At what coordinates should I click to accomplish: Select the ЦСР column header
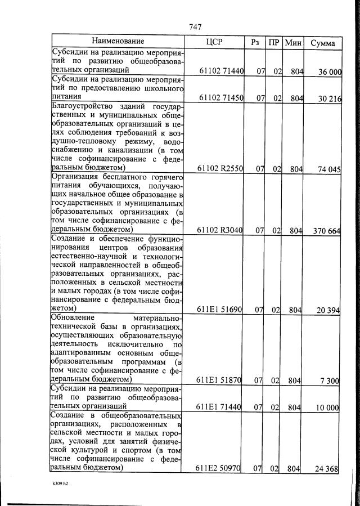[x=215, y=42]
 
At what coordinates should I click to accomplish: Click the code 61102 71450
[x=221, y=98]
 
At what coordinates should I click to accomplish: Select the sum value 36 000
[x=326, y=71]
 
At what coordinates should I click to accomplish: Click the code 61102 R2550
[x=221, y=168]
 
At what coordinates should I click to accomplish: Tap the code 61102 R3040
[x=221, y=230]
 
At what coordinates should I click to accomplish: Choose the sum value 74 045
[x=326, y=169]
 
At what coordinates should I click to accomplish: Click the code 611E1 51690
[x=220, y=310]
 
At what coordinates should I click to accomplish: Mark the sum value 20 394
[x=326, y=310]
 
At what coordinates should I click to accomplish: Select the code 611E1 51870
[x=220, y=380]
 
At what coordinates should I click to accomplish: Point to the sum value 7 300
[x=328, y=381]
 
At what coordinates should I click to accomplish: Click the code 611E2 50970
[x=220, y=468]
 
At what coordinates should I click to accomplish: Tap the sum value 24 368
[x=326, y=469]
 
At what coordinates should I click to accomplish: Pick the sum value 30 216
[x=326, y=98]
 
